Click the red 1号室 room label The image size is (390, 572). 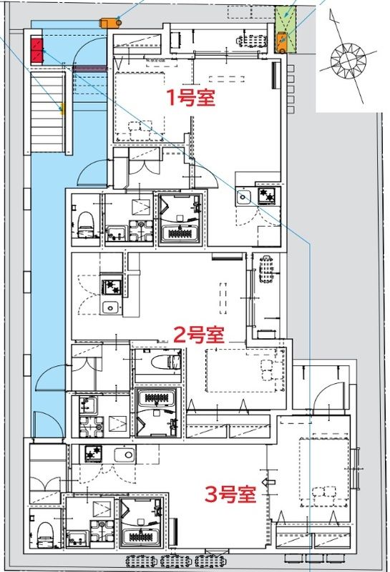point(191,97)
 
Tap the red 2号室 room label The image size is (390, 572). point(200,335)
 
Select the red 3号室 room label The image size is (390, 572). point(231,494)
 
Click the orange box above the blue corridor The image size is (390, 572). point(109,21)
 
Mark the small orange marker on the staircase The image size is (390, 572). point(62,109)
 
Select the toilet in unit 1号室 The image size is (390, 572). point(85,221)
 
